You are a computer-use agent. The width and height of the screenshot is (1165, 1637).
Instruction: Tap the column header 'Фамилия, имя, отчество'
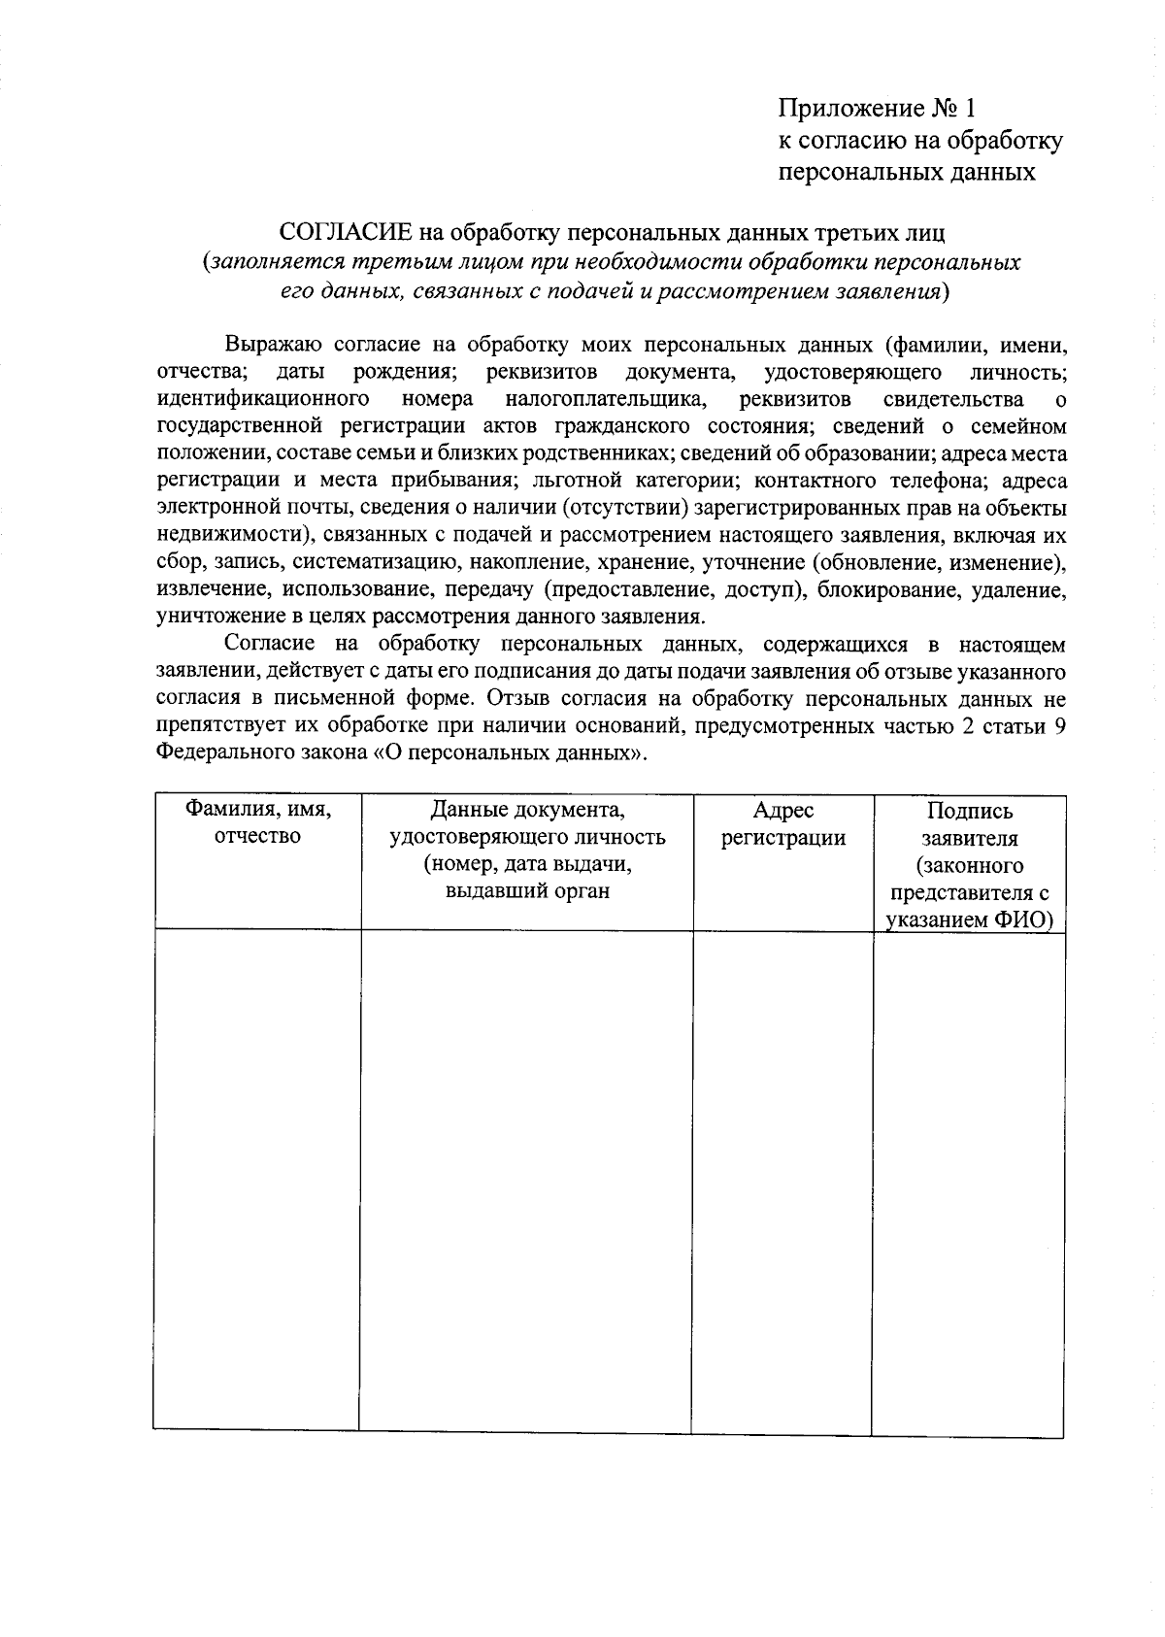pos(258,823)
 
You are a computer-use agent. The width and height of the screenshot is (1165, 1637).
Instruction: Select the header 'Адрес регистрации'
pos(782,824)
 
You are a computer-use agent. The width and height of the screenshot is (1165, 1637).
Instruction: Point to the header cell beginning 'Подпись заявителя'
pos(969,865)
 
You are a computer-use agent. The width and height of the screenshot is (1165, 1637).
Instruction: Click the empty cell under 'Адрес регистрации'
pos(782,1180)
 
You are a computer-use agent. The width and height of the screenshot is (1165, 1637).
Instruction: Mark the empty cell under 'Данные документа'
pos(527,1180)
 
